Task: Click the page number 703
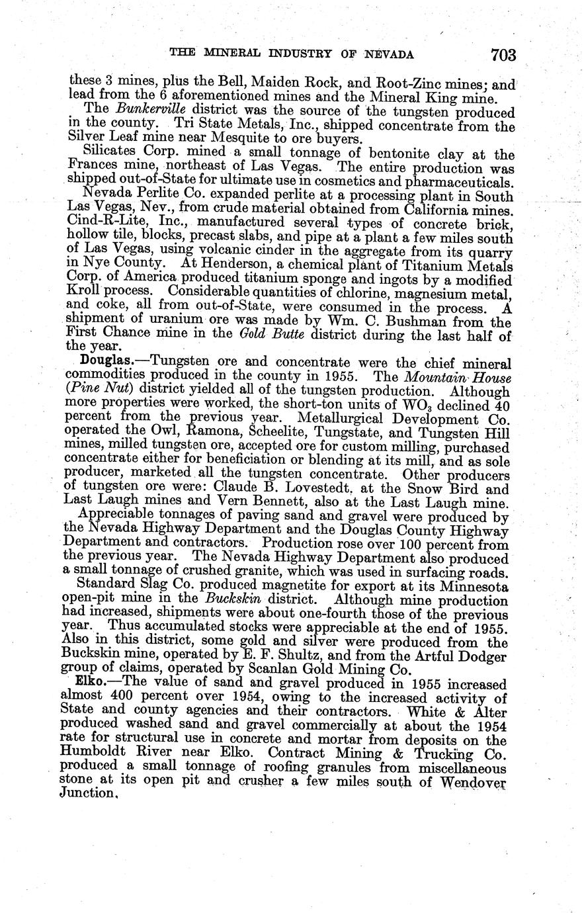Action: pos(503,55)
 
